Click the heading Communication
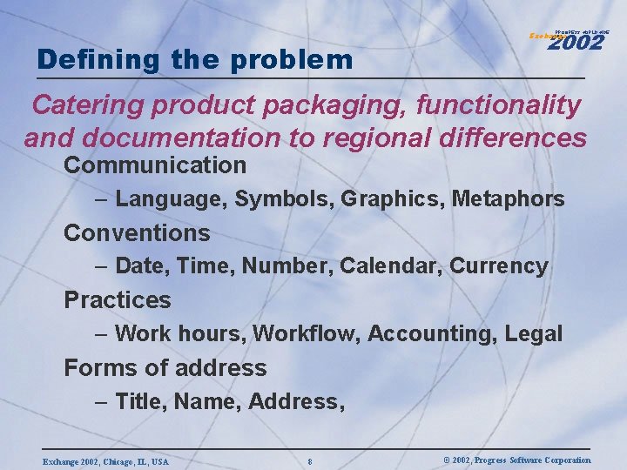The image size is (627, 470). pyautogui.click(x=155, y=164)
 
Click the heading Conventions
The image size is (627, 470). pyautogui.click(x=137, y=232)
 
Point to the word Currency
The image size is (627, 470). pyautogui.click(x=499, y=266)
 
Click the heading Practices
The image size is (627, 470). pyautogui.click(x=118, y=299)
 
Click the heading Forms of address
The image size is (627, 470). pyautogui.click(x=165, y=367)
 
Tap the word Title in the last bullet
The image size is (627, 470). pyautogui.click(x=140, y=401)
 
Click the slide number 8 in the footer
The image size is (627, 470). pyautogui.click(x=310, y=460)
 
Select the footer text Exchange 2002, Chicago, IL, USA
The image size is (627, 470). pyautogui.click(x=105, y=460)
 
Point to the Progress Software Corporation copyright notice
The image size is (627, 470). pyautogui.click(x=516, y=460)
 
